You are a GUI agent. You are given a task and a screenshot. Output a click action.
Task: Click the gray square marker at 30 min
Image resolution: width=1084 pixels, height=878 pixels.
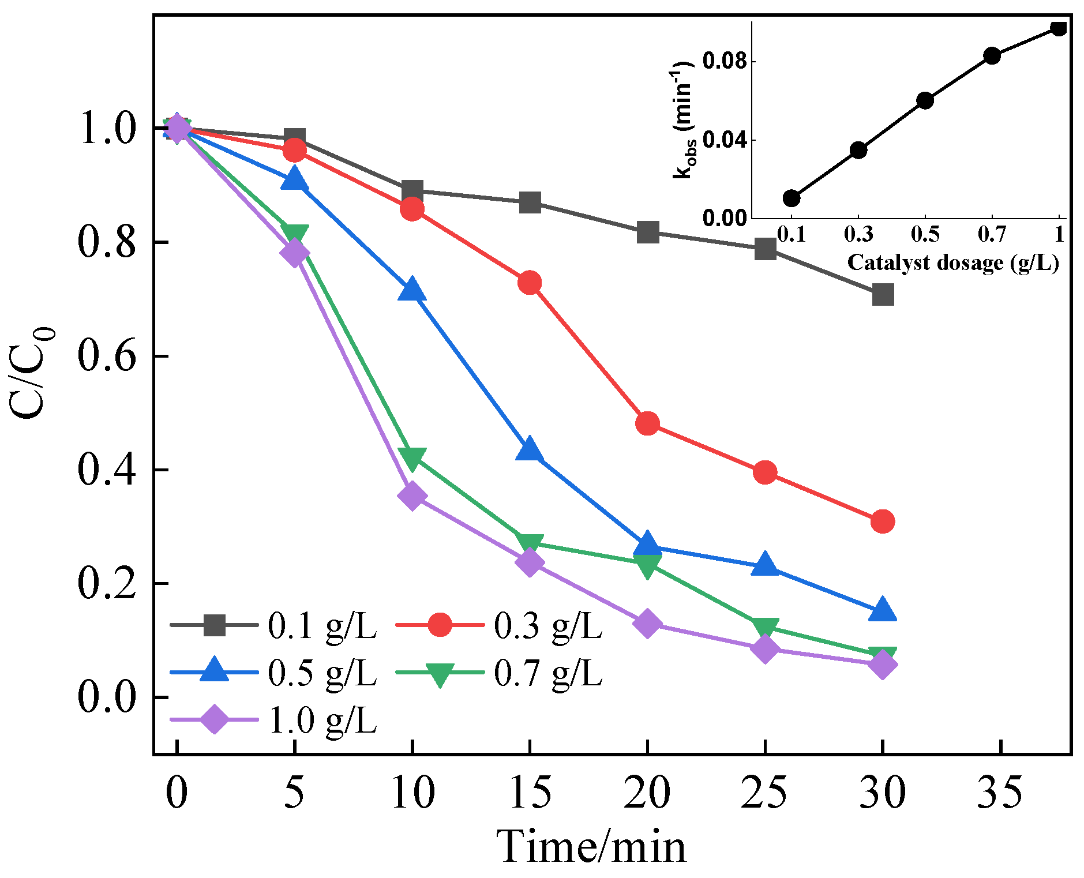(x=883, y=294)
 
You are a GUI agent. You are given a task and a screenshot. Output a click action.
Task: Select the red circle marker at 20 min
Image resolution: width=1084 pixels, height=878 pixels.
(x=647, y=423)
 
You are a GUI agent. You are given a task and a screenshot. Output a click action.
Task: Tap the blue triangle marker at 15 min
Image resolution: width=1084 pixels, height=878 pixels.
(x=529, y=451)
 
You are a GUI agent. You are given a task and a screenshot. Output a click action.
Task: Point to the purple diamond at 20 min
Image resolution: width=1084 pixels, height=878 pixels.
(x=647, y=624)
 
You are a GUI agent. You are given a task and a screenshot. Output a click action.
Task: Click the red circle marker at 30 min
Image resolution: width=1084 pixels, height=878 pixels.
(x=883, y=521)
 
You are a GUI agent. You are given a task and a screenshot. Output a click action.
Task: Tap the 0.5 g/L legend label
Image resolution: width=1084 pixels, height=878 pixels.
(x=322, y=673)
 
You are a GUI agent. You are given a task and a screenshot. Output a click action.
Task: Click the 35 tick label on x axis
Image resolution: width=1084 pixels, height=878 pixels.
(x=1000, y=792)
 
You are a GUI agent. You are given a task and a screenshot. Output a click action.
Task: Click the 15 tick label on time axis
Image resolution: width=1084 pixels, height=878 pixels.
(x=530, y=792)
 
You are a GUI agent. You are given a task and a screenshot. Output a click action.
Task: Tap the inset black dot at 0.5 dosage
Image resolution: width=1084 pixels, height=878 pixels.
(x=925, y=100)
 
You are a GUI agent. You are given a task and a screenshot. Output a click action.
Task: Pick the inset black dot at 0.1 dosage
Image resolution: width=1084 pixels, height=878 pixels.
(x=792, y=198)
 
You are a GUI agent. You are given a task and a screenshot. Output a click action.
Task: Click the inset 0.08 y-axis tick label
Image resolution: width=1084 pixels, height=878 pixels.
(x=724, y=61)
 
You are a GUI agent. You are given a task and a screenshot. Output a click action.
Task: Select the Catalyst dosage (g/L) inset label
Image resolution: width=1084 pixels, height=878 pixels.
(x=952, y=263)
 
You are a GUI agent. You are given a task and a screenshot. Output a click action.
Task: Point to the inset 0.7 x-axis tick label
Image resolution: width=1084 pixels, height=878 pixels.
(x=991, y=234)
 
